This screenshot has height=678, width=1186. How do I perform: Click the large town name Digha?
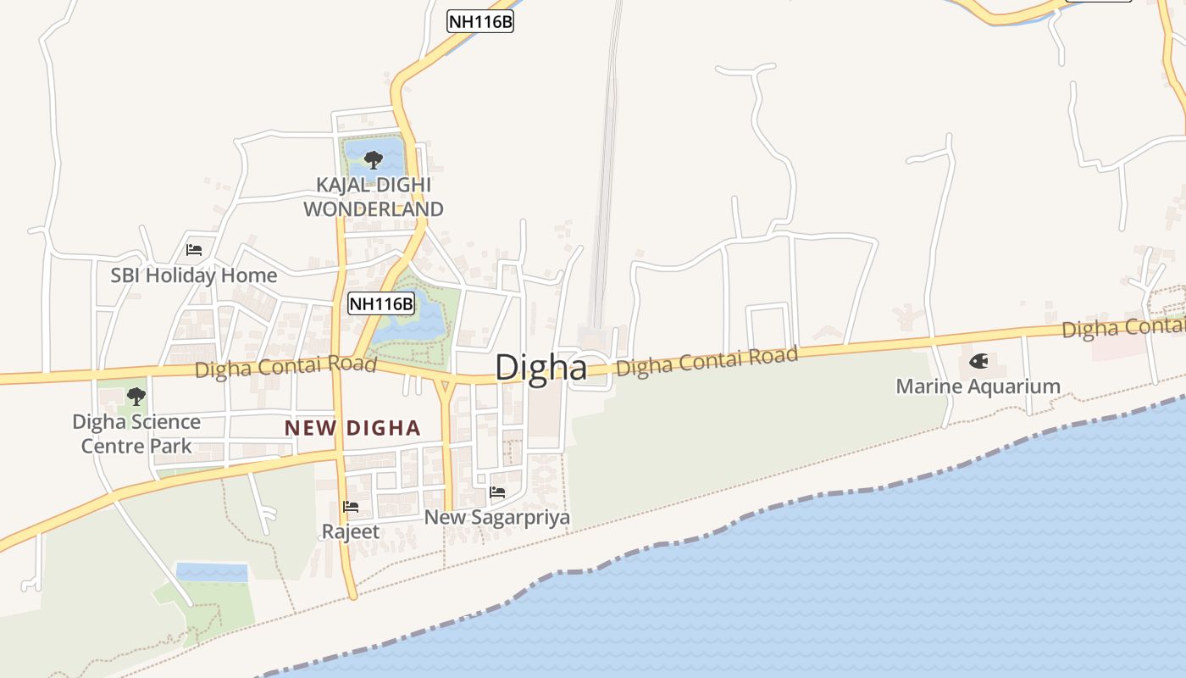(x=540, y=368)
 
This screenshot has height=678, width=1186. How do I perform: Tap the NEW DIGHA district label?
(x=352, y=428)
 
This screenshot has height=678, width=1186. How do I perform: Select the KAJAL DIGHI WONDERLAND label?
(x=373, y=197)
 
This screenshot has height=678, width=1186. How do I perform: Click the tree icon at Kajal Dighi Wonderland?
(x=373, y=159)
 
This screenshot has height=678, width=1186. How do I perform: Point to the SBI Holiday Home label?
(x=193, y=275)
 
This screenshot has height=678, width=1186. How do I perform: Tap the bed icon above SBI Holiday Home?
(x=194, y=250)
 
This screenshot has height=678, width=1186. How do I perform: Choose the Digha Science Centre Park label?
(x=136, y=433)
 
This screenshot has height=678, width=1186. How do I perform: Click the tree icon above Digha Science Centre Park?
(x=136, y=396)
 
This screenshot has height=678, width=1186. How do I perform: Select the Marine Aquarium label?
(x=978, y=386)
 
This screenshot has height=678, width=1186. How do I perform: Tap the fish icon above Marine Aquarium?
(x=978, y=362)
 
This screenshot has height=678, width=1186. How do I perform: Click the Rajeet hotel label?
(x=351, y=532)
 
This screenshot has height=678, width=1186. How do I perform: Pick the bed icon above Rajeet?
(x=351, y=507)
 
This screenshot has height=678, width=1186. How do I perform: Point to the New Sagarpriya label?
(x=496, y=517)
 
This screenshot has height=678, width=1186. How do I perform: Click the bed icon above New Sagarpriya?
(x=497, y=492)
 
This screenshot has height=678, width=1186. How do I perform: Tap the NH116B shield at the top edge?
(x=480, y=21)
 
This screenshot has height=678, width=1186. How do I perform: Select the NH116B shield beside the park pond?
(x=381, y=303)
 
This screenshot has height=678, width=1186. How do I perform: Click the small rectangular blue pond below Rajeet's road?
(x=211, y=572)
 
